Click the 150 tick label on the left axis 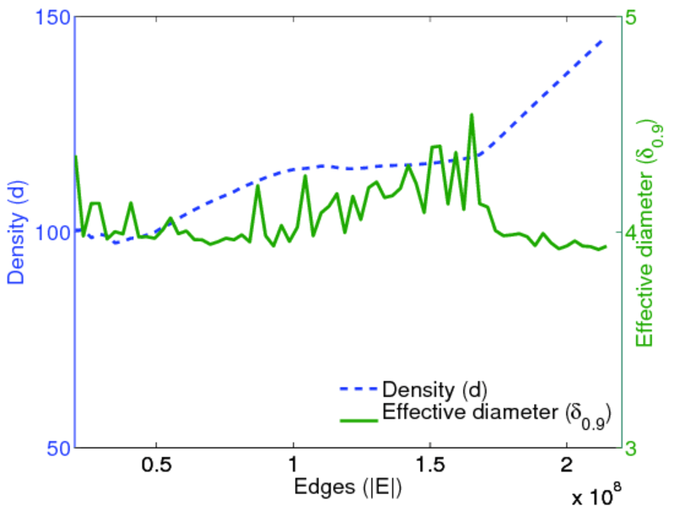(51, 18)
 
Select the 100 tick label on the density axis (51, 233)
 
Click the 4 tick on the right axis (629, 233)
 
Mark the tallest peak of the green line (472, 115)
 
